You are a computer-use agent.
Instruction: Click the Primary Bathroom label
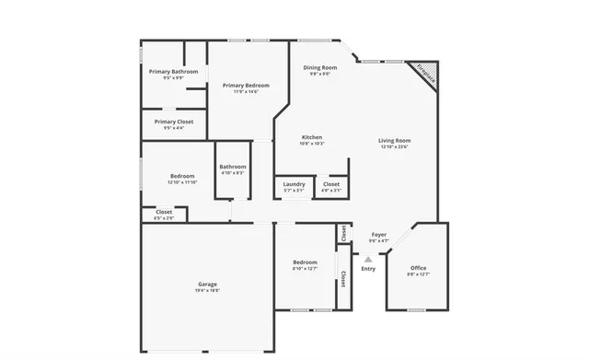(x=173, y=71)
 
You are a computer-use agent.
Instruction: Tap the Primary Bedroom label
(x=246, y=85)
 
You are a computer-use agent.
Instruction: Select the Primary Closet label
(x=173, y=122)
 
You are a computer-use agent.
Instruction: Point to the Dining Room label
(x=320, y=67)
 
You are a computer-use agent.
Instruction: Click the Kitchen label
(x=312, y=137)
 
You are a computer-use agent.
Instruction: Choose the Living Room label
(x=394, y=140)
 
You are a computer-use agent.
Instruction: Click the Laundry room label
(x=294, y=183)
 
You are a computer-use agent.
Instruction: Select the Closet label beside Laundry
(x=331, y=183)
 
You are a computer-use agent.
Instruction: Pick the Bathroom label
(x=233, y=167)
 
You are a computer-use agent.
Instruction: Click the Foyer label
(x=378, y=234)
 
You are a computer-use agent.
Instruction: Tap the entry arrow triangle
(x=368, y=259)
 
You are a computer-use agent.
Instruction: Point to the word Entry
(x=368, y=269)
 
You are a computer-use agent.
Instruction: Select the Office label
(x=419, y=268)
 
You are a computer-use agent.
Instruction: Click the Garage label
(x=207, y=284)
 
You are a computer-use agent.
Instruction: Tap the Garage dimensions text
(x=207, y=290)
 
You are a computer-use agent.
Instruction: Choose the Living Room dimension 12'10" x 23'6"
(x=394, y=146)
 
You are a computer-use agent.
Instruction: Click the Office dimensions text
(x=419, y=274)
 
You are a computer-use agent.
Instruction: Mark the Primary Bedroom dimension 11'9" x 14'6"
(x=246, y=91)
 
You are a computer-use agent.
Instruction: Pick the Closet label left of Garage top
(x=150, y=212)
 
